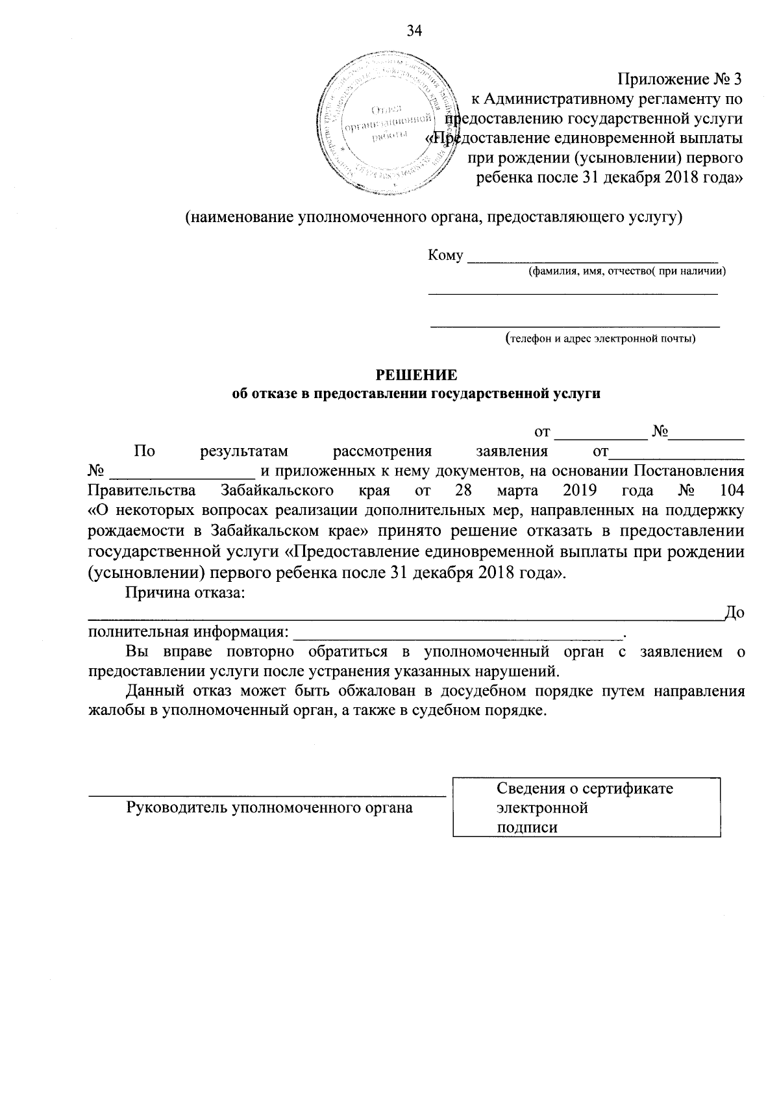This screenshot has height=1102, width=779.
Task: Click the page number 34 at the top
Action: pos(414,31)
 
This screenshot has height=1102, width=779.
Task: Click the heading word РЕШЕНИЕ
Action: pos(417,375)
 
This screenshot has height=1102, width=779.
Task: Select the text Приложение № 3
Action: pos(679,79)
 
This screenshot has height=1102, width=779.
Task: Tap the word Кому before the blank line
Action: pos(445,256)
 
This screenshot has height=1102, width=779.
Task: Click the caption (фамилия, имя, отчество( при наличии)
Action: pos(626,271)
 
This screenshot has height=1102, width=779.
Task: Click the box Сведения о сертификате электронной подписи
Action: pos(586,807)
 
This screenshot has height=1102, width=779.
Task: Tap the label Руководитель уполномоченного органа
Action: pos(269,808)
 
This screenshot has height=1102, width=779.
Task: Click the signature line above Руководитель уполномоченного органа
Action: pos(266,794)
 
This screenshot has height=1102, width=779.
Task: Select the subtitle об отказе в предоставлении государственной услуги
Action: pos(416,394)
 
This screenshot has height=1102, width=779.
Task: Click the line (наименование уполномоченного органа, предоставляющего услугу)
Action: pos(434,217)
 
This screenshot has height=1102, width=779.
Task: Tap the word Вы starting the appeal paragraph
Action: pos(137,651)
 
